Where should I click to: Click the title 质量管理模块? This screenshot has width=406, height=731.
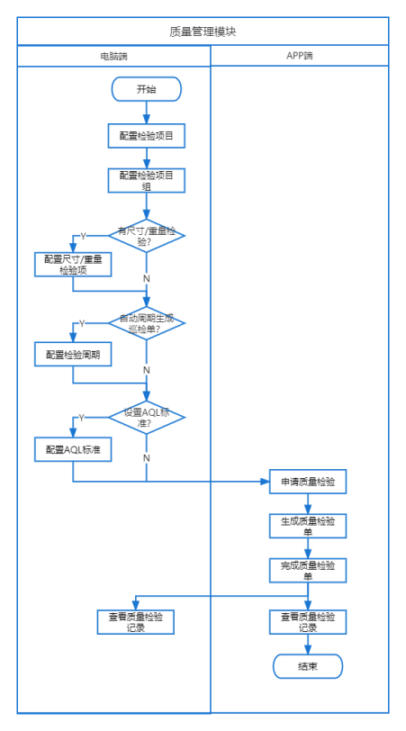pyautogui.click(x=203, y=32)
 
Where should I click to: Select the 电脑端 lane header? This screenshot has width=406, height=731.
pyautogui.click(x=114, y=56)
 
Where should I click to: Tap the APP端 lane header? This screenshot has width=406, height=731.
pyautogui.click(x=300, y=56)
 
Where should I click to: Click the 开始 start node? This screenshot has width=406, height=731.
pyautogui.click(x=147, y=89)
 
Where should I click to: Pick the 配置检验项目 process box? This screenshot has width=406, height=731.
pyautogui.click(x=147, y=136)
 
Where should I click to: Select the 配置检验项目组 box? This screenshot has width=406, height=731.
pyautogui.click(x=147, y=180)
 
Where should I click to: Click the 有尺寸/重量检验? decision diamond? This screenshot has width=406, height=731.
pyautogui.click(x=147, y=236)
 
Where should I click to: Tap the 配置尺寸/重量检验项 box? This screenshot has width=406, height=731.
pyautogui.click(x=73, y=265)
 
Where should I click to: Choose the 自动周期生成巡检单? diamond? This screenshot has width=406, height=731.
pyautogui.click(x=147, y=322)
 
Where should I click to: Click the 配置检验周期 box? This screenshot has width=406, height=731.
pyautogui.click(x=73, y=355)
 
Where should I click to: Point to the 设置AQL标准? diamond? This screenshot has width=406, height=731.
pyautogui.click(x=147, y=417)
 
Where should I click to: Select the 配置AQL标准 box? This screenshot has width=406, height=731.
pyautogui.click(x=73, y=449)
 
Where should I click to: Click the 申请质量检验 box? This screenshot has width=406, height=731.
pyautogui.click(x=308, y=482)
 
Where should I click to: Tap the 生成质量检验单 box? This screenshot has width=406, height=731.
pyautogui.click(x=308, y=526)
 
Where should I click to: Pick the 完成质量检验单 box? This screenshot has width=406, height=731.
pyautogui.click(x=308, y=570)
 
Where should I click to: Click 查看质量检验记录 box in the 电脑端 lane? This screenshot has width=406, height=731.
pyautogui.click(x=136, y=622)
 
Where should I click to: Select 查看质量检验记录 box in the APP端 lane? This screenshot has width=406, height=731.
pyautogui.click(x=308, y=622)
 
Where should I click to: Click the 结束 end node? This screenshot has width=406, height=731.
pyautogui.click(x=308, y=666)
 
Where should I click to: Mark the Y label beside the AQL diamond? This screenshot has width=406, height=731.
pyautogui.click(x=82, y=418)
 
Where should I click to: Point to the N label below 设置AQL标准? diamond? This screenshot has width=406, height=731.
pyautogui.click(x=147, y=458)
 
